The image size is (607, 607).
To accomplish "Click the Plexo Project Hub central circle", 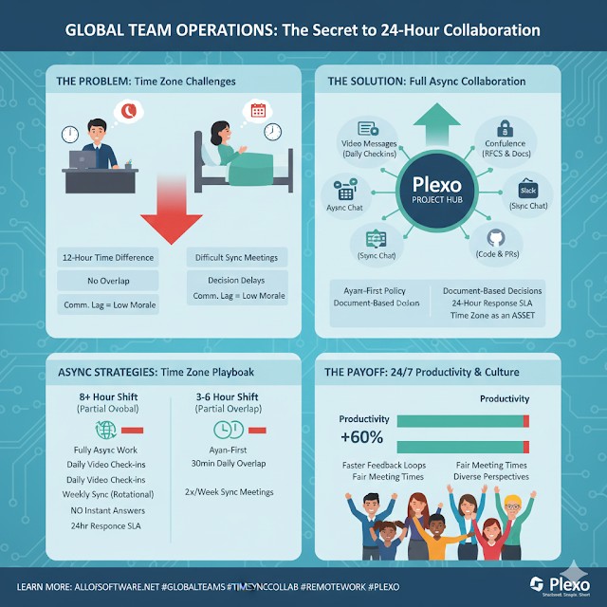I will coord(434,189).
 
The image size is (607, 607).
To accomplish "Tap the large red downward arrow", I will coord(172,213).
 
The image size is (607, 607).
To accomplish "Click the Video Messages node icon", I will coord(367,129).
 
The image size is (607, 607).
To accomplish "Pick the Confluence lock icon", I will coord(506,128).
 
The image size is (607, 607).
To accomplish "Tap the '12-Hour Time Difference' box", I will coord(107,257).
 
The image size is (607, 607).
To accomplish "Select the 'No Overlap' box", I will coord(107,281).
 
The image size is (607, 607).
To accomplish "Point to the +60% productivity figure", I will coord(360,437).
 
